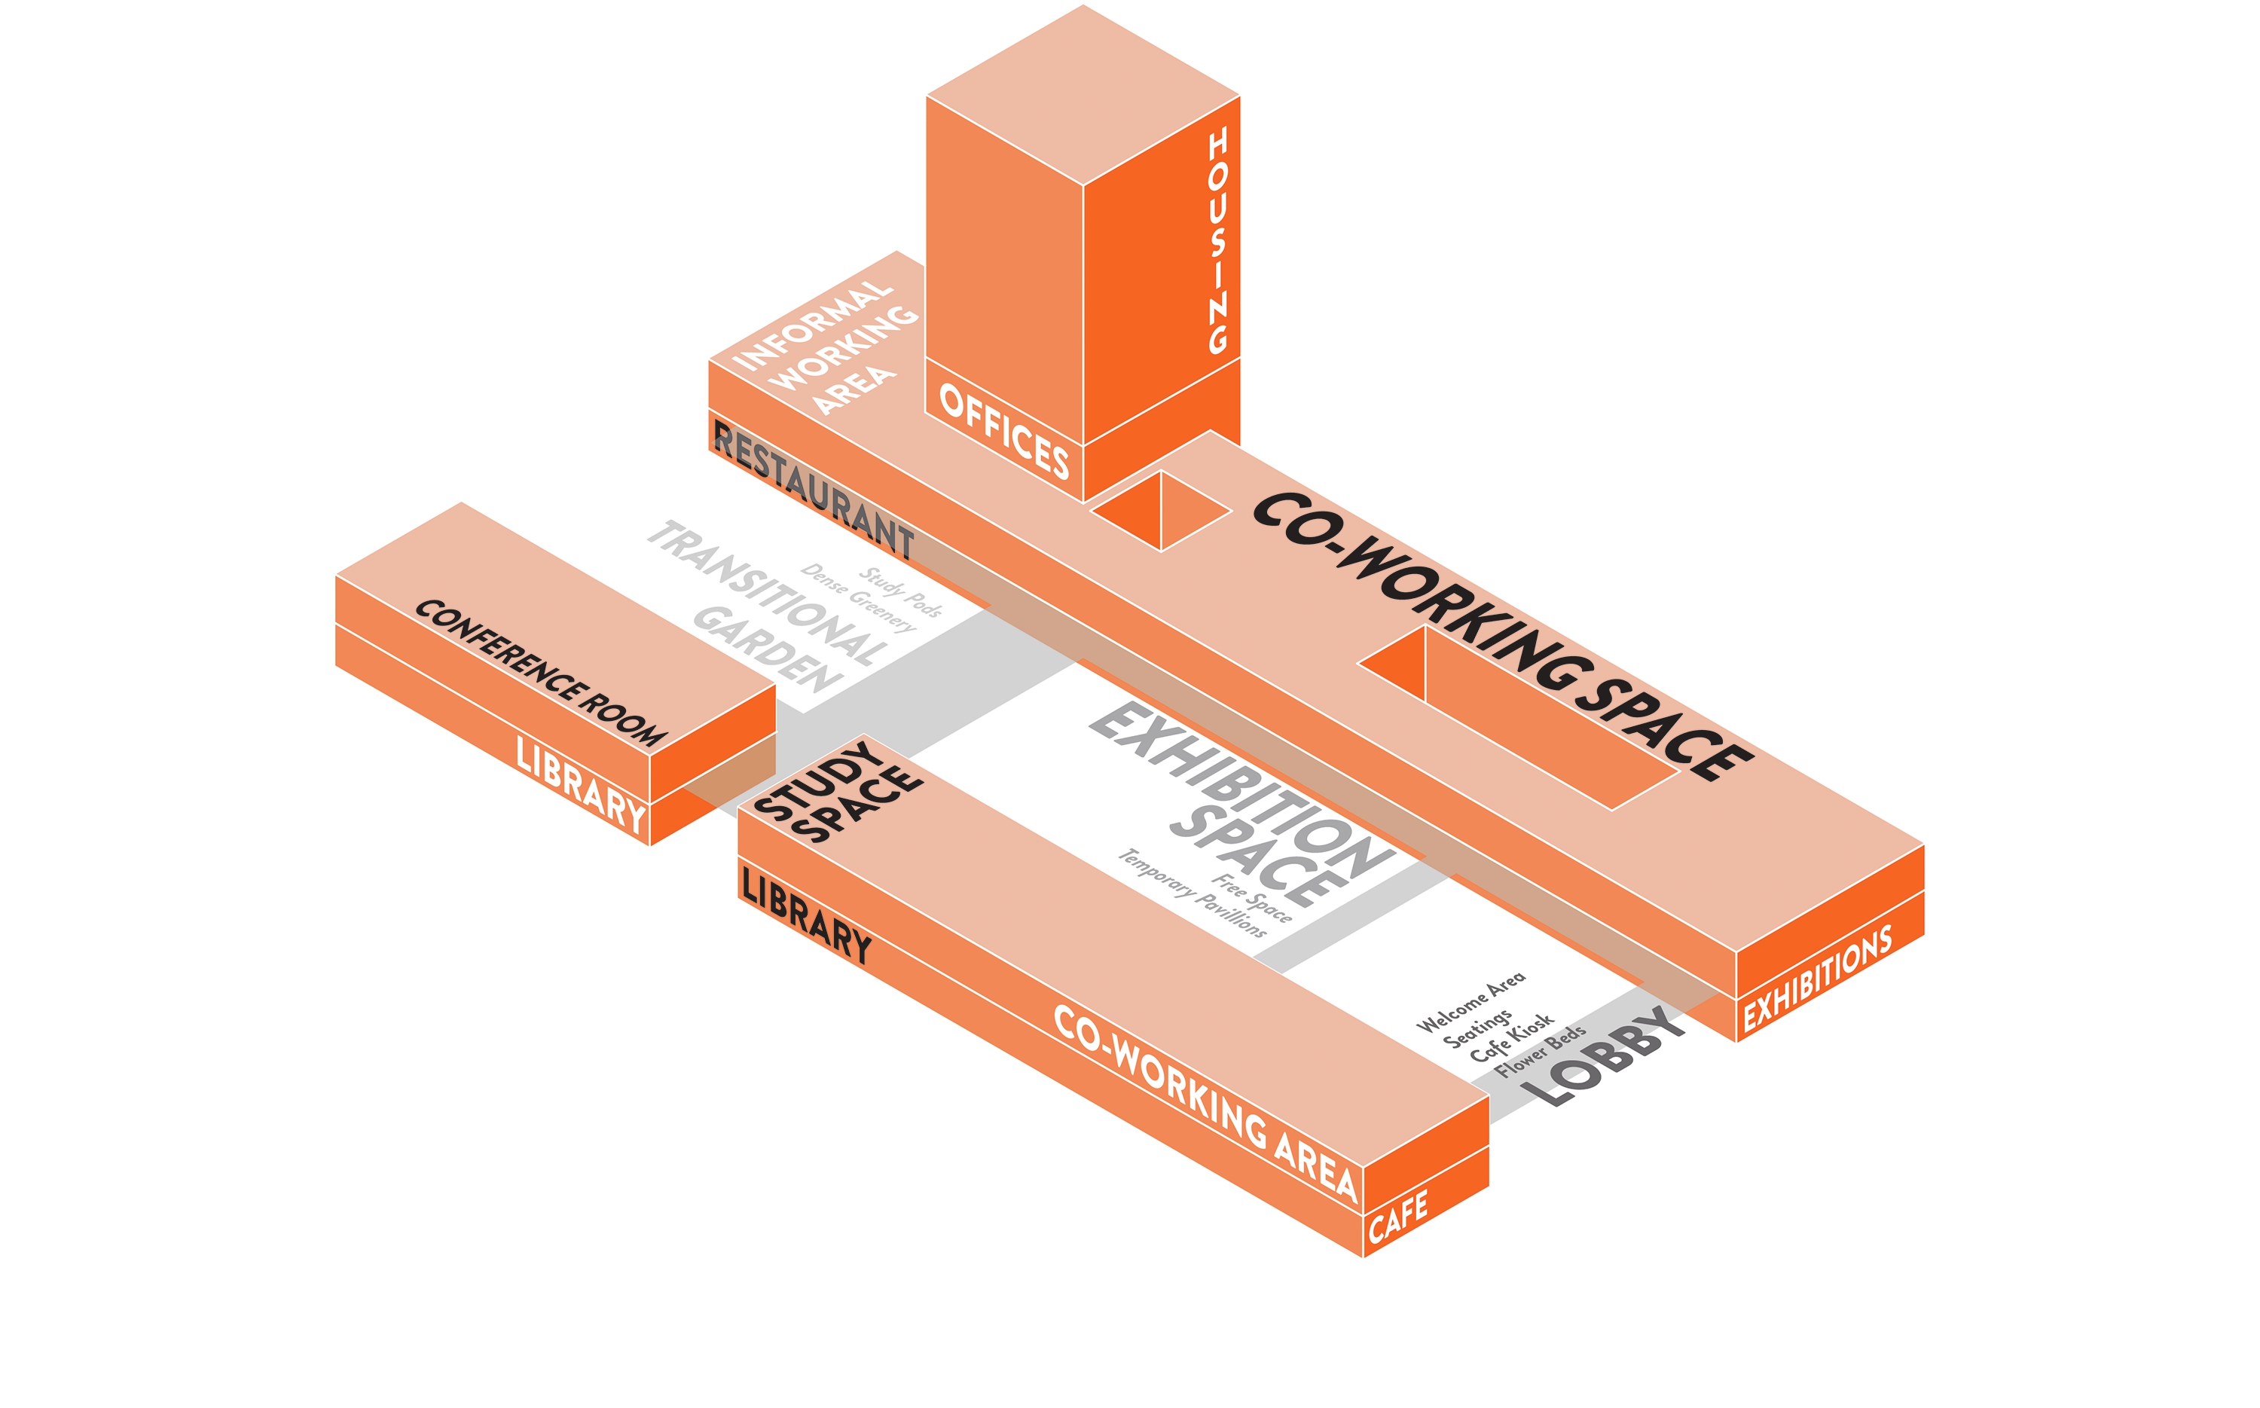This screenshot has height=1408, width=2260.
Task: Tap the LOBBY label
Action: pyautogui.click(x=1613, y=1057)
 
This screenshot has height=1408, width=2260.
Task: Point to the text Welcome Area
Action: pyautogui.click(x=1471, y=1002)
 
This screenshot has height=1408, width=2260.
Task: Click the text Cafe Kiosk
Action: pyautogui.click(x=1511, y=1037)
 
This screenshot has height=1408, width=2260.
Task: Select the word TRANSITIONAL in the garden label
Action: pyautogui.click(x=768, y=593)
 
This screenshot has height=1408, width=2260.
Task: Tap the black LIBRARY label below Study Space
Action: pyautogui.click(x=806, y=915)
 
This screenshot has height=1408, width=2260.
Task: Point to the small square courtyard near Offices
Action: pyautogui.click(x=1161, y=512)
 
